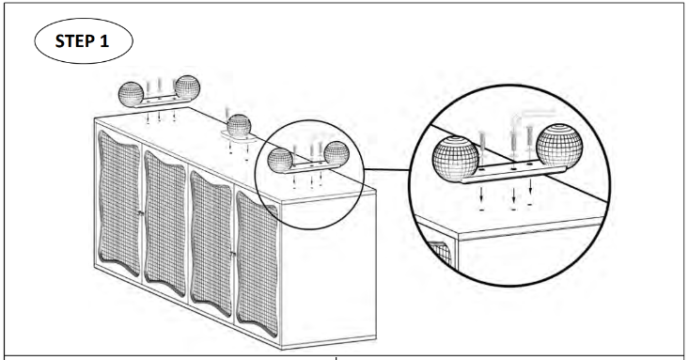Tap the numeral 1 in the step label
tap(104, 40)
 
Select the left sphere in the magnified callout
tap(455, 158)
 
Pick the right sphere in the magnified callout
tap(559, 147)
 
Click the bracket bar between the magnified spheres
tap(512, 173)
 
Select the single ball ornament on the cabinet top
tap(239, 126)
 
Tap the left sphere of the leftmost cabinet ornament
tap(131, 94)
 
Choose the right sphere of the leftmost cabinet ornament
tap(188, 87)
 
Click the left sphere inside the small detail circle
tap(280, 160)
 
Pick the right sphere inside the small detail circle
tap(337, 153)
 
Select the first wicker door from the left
tap(119, 203)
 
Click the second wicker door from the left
tap(165, 224)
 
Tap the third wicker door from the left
tap(211, 243)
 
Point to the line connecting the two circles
tap(387, 169)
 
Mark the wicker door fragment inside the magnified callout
tap(442, 253)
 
